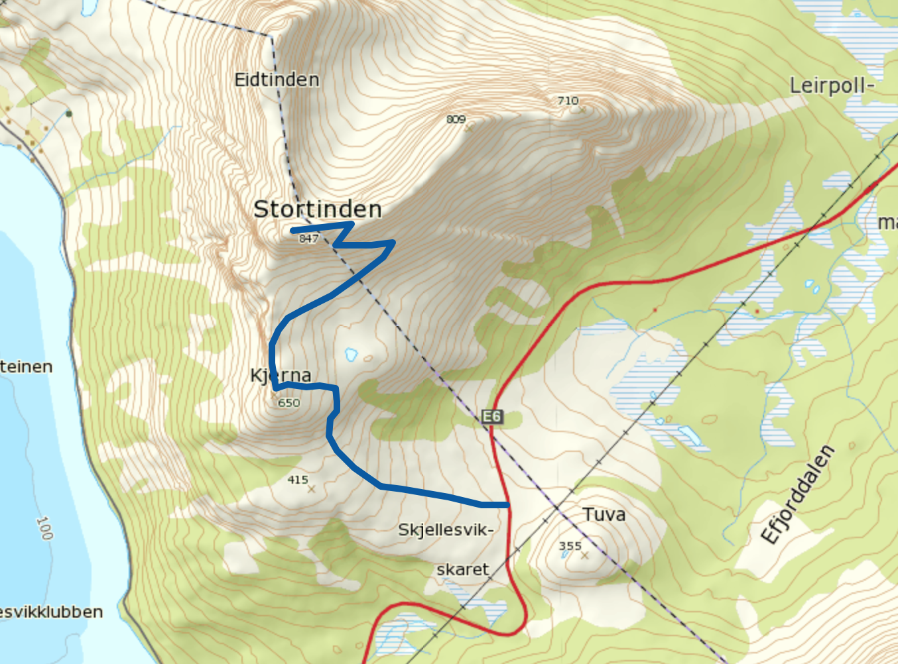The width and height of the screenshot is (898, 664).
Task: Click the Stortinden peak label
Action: pos(317,209)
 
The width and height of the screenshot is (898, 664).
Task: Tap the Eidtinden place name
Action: pos(277,80)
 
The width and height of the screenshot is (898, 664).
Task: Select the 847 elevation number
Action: pos(308,239)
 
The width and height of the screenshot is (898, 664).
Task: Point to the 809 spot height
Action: pos(456,119)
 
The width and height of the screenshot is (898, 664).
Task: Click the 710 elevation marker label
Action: pos(568,101)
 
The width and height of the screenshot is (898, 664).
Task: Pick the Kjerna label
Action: pos(281,376)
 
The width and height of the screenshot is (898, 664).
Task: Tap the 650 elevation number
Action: pos(289,403)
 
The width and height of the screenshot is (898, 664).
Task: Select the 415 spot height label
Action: pos(298,480)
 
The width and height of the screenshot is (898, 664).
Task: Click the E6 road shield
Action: pos(491,416)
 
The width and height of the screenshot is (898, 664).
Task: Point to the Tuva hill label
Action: pos(604,514)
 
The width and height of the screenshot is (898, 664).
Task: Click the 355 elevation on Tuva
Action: pos(570,546)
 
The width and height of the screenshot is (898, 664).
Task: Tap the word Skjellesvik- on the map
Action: pos(446,530)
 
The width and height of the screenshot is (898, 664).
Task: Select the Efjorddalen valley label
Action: pos(797,494)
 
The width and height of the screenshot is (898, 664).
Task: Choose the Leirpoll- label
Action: pos(832,85)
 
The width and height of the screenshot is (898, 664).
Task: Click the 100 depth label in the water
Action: pos(44,528)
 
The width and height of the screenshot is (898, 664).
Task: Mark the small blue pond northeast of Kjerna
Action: pos(351,355)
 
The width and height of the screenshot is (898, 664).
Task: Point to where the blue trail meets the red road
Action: pos(508,505)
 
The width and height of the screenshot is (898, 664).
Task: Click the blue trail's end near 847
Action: pos(292,230)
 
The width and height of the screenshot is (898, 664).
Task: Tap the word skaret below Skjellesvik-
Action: pos(462,570)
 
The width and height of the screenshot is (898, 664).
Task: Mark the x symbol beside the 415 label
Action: pos(312,489)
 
